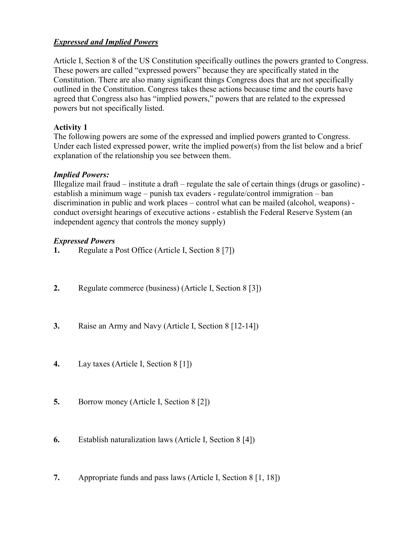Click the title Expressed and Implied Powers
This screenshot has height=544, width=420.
click(x=106, y=42)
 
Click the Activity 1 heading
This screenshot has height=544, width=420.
click(x=70, y=127)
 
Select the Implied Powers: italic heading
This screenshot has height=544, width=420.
click(x=81, y=175)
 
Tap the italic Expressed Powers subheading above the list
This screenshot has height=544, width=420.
click(x=84, y=241)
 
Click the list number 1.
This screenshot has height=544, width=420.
click(x=56, y=250)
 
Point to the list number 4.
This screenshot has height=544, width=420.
click(x=56, y=364)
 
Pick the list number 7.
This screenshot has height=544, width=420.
click(x=56, y=478)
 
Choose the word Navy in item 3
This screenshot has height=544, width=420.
click(x=152, y=326)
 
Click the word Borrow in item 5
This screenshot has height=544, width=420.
click(x=91, y=402)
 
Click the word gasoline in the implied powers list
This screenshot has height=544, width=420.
click(x=344, y=184)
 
